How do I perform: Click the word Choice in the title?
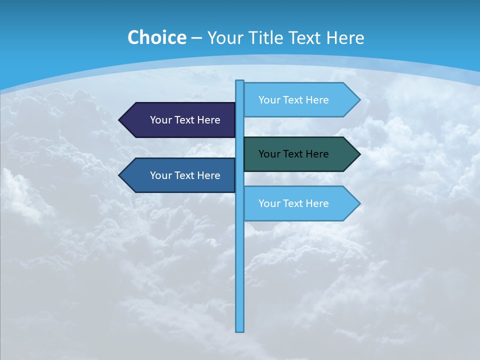tap(156, 38)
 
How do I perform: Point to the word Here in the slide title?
tap(345, 38)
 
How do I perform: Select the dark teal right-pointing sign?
tap(300, 154)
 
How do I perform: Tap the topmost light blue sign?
tap(300, 100)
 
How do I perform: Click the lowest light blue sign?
tap(300, 203)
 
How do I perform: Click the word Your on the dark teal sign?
tap(269, 154)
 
